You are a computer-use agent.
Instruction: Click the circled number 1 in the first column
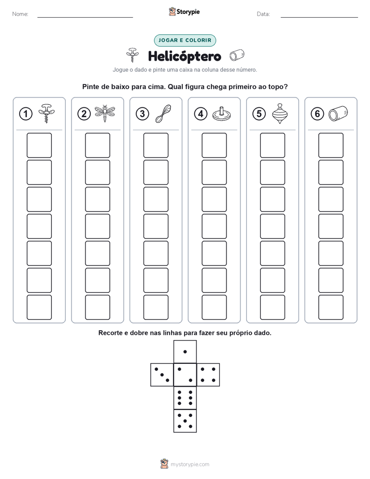coord(25,114)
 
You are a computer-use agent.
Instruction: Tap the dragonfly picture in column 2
coord(105,114)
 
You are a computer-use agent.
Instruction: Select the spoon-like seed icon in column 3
coord(163,114)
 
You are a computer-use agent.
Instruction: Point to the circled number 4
coord(201,114)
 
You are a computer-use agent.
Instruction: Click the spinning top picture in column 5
coord(280,114)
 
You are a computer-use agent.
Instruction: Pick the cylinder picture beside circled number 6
coord(338,114)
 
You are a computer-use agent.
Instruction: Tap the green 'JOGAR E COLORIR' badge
coord(185,40)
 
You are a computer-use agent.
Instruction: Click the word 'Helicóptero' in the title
coord(184,57)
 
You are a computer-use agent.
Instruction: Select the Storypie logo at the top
coord(184,12)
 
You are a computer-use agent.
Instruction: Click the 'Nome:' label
coord(20,14)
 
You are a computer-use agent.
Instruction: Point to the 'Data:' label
coord(263,14)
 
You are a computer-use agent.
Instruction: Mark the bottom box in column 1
coord(39,307)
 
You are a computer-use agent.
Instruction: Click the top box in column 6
coord(331,145)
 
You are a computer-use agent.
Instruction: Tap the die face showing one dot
coord(185,351)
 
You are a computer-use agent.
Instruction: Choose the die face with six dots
coord(185,398)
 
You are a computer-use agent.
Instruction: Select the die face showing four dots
coord(208,375)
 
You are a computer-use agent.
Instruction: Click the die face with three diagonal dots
coord(162,375)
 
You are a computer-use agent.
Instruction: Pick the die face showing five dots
coord(185,421)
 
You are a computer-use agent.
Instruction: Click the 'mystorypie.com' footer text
coord(190,464)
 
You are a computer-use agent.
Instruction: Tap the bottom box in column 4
coord(214,307)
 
